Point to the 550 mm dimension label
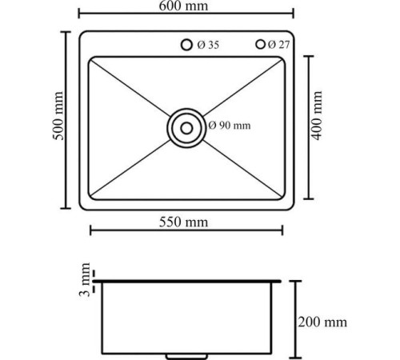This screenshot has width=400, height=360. [x=186, y=223]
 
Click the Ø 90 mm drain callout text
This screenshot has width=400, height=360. [x=230, y=126]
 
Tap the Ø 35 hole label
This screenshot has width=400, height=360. [x=208, y=45]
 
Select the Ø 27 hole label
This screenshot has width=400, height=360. [x=278, y=44]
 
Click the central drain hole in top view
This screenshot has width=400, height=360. [x=186, y=126]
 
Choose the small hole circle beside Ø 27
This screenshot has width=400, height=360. [x=260, y=44]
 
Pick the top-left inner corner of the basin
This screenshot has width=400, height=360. [x=90, y=58]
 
